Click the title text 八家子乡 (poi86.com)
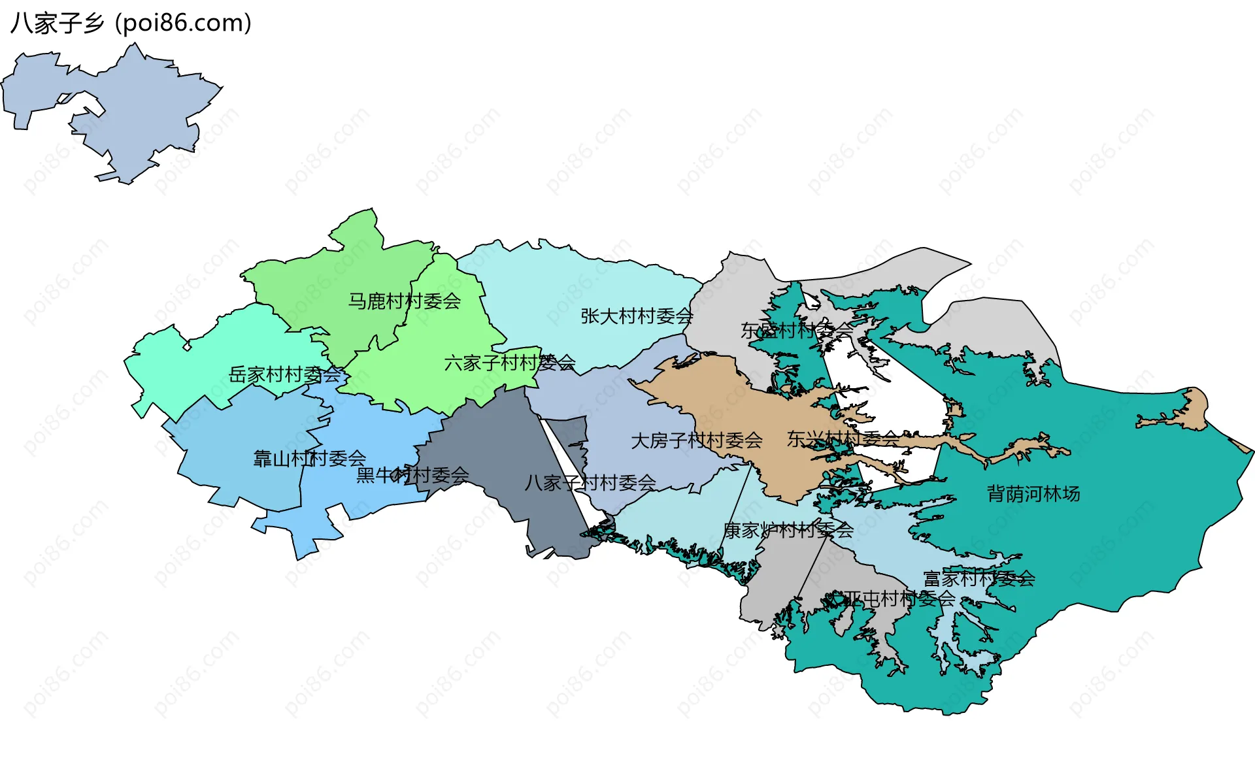(x=131, y=24)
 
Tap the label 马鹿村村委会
(x=404, y=301)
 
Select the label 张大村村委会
(x=636, y=316)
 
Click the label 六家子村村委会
(x=509, y=363)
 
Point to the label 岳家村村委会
(x=285, y=374)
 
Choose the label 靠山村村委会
(x=309, y=458)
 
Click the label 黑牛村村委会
(x=412, y=475)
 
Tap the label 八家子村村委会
(x=590, y=483)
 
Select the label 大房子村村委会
(x=696, y=440)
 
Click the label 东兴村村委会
(x=843, y=439)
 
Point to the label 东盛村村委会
(x=796, y=331)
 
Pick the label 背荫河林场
(x=1033, y=493)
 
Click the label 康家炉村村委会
(x=788, y=530)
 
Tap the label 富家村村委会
(x=979, y=578)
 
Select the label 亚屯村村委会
(x=899, y=598)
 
